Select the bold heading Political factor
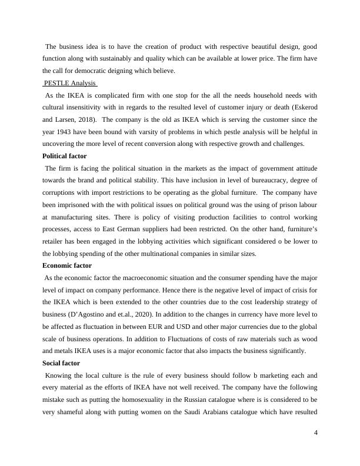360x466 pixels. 65,156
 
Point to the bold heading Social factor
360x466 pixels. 61,362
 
